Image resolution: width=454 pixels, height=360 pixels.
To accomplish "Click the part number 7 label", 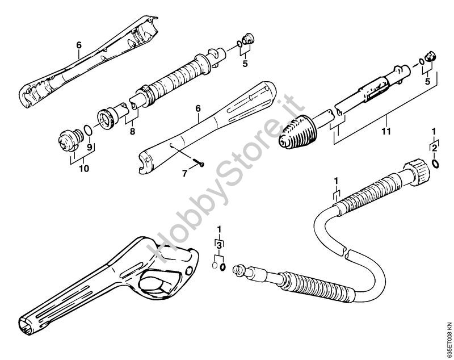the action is point(184,174).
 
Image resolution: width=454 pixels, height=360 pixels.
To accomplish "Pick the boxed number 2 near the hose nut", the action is point(434,148).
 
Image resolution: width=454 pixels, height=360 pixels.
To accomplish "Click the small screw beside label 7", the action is point(199,164).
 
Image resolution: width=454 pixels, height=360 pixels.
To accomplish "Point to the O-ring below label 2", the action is point(434,164).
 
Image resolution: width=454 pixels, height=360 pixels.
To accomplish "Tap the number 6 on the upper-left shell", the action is point(79,44).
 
